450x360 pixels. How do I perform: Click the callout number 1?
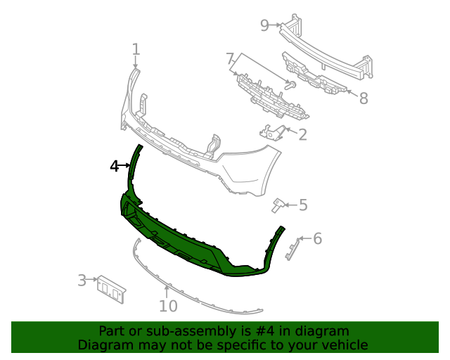(136, 49)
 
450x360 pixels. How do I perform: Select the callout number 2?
(302, 135)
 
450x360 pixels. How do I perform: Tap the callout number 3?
(82, 281)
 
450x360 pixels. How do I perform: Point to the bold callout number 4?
(115, 166)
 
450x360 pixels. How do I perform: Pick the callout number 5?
(303, 205)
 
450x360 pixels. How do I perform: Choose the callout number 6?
(317, 239)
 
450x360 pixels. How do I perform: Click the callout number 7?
(230, 58)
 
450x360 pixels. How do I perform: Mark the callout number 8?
(363, 98)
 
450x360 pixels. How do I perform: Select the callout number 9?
(264, 25)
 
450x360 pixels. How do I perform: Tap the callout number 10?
(168, 306)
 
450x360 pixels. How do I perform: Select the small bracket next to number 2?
(272, 131)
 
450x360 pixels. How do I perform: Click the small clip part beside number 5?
(278, 205)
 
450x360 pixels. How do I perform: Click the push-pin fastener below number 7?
(289, 85)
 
